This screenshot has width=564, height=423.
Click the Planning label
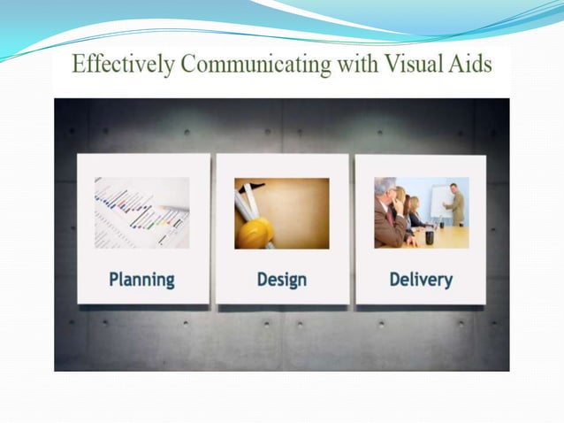[141, 280]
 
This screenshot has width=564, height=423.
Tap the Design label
[282, 280]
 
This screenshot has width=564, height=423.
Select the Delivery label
[421, 280]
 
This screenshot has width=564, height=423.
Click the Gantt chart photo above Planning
[142, 212]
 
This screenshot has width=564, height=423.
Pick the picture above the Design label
[282, 212]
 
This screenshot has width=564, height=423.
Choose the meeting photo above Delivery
[421, 212]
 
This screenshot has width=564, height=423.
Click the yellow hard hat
[257, 231]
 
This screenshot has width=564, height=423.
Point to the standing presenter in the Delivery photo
[455, 204]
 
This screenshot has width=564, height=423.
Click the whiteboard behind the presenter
[438, 199]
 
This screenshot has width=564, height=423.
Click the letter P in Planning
[114, 280]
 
